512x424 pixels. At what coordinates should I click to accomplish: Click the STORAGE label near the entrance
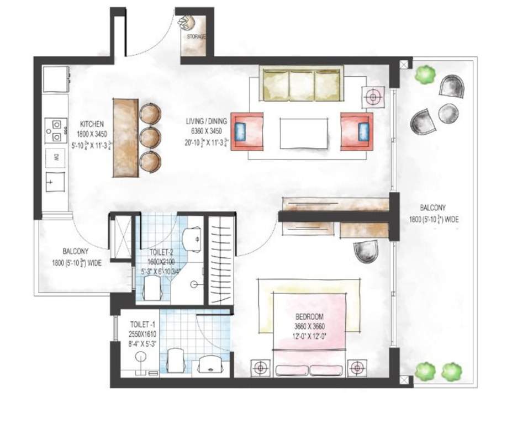pyautogui.click(x=196, y=37)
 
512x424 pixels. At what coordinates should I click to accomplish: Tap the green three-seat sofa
pyautogui.click(x=301, y=84)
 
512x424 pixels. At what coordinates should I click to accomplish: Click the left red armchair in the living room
pyautogui.click(x=246, y=131)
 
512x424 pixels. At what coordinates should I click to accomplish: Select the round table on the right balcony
pyautogui.click(x=448, y=114)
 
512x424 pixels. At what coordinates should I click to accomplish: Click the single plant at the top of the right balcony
pyautogui.click(x=425, y=75)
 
